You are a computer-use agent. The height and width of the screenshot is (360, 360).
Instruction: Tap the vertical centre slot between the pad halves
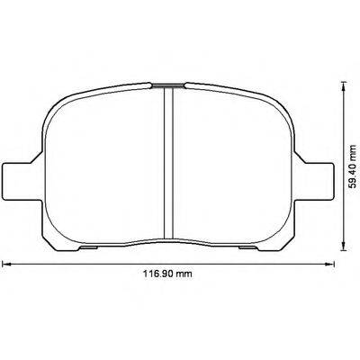[166, 162]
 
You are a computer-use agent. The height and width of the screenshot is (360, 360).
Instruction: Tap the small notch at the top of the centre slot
[166, 85]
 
